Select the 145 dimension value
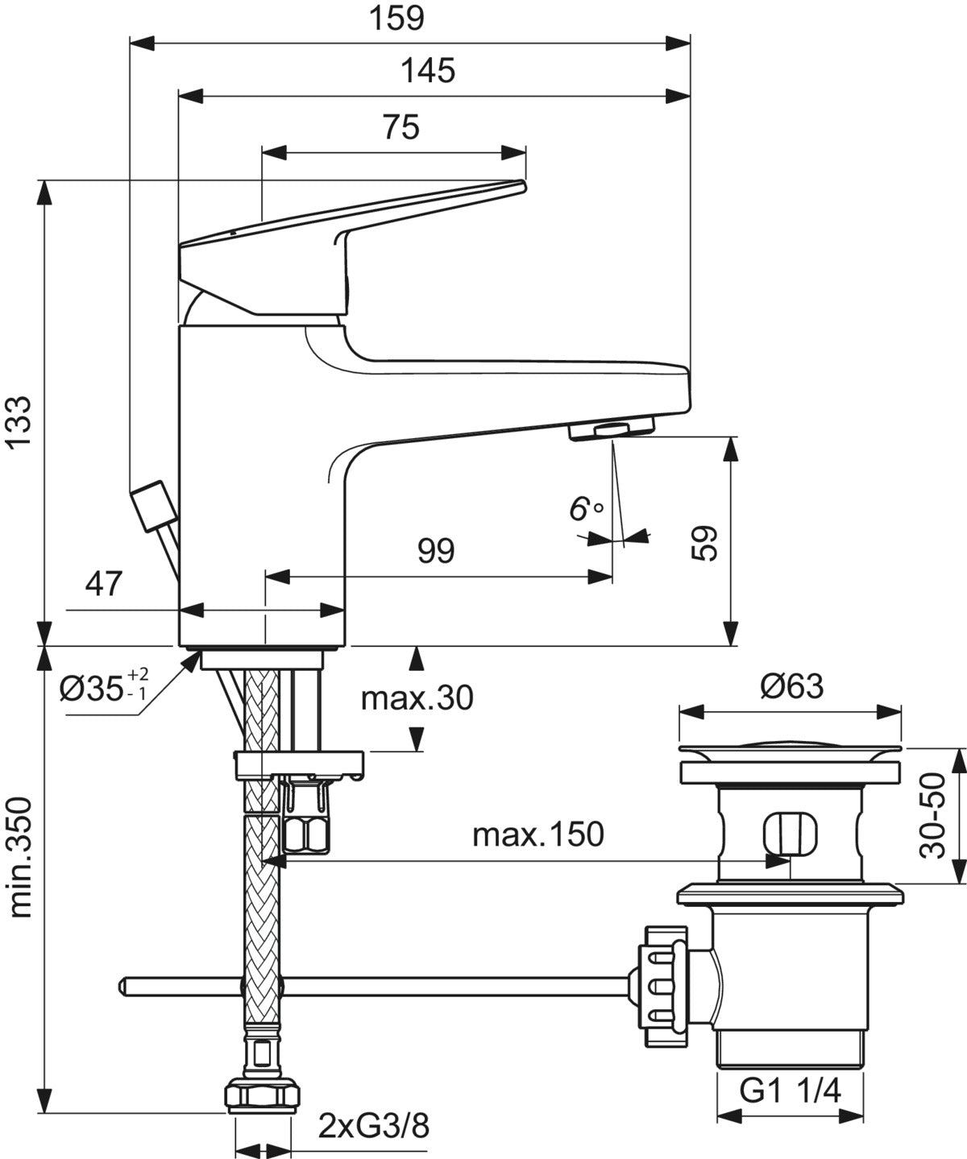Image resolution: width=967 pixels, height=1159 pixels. [428, 71]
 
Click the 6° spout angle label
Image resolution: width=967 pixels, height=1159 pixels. [586, 508]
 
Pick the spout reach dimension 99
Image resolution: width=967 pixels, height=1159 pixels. [436, 551]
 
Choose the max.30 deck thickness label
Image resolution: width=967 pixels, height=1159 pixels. [417, 697]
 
